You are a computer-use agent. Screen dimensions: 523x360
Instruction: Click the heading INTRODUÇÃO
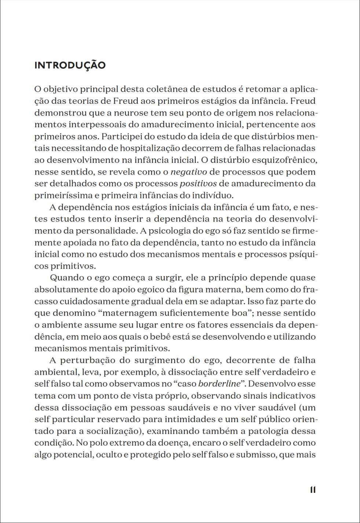tap(70, 65)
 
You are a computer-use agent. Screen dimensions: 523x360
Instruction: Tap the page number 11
tap(313, 490)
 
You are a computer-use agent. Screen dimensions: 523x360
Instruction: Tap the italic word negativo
tap(189, 172)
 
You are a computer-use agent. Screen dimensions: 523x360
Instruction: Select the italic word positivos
tap(198, 183)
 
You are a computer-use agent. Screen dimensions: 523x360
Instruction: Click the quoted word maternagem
tap(133, 313)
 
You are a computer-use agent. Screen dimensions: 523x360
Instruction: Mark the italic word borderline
tap(218, 384)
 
